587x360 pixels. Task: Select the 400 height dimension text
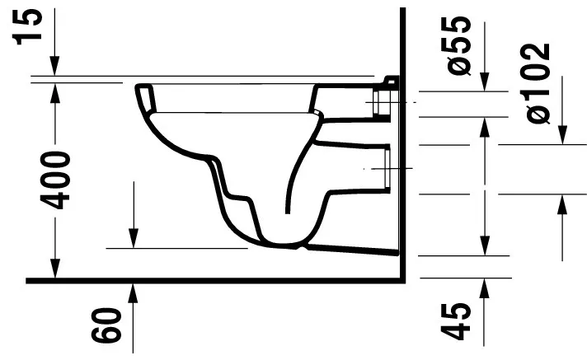56,179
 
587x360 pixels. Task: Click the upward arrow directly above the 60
132,289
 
